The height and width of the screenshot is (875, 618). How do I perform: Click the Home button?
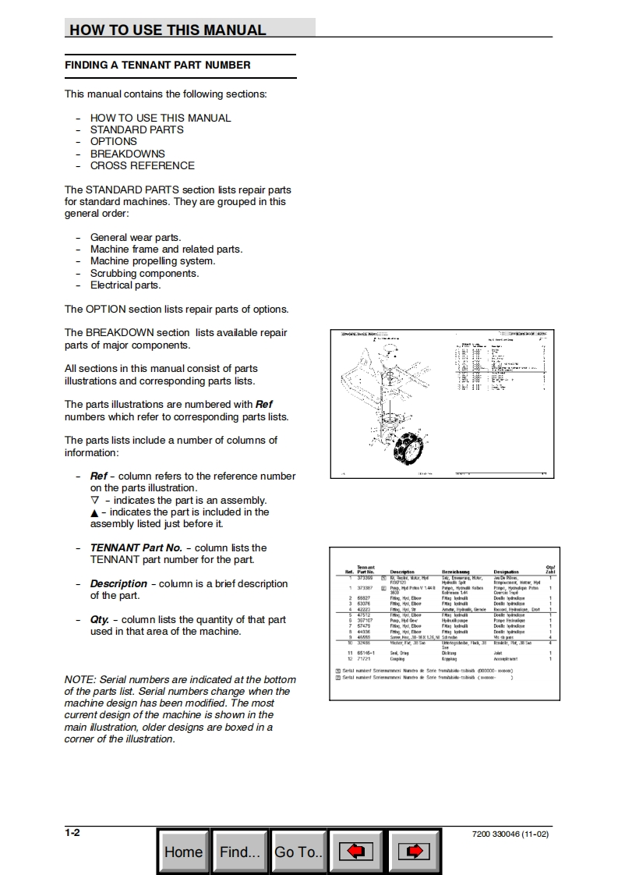tap(183, 852)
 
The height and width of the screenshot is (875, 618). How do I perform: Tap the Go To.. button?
tap(298, 852)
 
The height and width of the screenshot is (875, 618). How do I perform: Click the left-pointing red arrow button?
tap(355, 852)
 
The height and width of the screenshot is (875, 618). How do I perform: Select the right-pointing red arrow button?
tap(414, 852)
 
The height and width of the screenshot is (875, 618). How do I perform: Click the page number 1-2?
tap(72, 833)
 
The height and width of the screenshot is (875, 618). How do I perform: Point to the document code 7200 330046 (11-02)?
tap(510, 834)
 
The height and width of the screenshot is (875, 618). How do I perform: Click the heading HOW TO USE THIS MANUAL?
tap(168, 30)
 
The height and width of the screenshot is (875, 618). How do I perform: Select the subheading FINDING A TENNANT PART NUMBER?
tap(157, 66)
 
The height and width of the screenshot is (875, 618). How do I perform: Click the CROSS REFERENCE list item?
tap(142, 165)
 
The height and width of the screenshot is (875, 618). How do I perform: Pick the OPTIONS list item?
tap(113, 141)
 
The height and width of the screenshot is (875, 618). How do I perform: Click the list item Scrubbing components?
tap(144, 273)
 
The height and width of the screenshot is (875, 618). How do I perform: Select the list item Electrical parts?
tap(125, 285)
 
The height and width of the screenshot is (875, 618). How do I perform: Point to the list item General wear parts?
tap(136, 237)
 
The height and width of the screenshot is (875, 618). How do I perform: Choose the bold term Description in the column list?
tap(118, 583)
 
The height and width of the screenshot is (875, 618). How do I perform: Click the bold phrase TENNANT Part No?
tap(136, 547)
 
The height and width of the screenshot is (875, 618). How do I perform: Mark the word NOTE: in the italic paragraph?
tap(81, 679)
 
